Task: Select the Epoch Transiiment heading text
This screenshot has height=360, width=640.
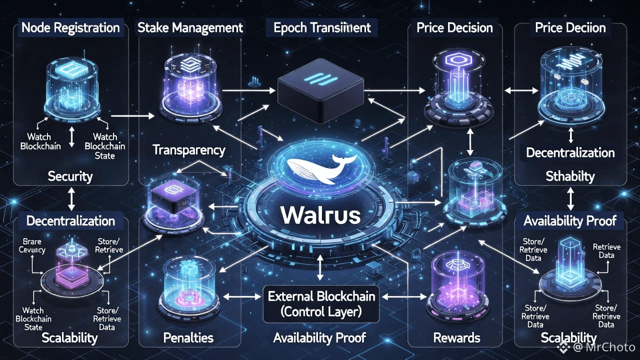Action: click(322, 27)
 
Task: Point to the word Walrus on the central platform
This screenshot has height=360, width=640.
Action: click(320, 215)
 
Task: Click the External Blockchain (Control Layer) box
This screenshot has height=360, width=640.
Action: click(321, 304)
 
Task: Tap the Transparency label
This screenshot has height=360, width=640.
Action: click(188, 149)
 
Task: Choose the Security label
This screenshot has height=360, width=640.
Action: click(70, 175)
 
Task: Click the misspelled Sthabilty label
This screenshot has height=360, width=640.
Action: click(570, 176)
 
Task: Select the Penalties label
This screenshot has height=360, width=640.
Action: click(188, 337)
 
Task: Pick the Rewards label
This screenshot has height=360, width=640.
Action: click(456, 337)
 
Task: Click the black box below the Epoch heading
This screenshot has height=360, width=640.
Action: click(321, 90)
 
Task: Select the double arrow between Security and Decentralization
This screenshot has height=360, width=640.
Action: click(70, 199)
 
